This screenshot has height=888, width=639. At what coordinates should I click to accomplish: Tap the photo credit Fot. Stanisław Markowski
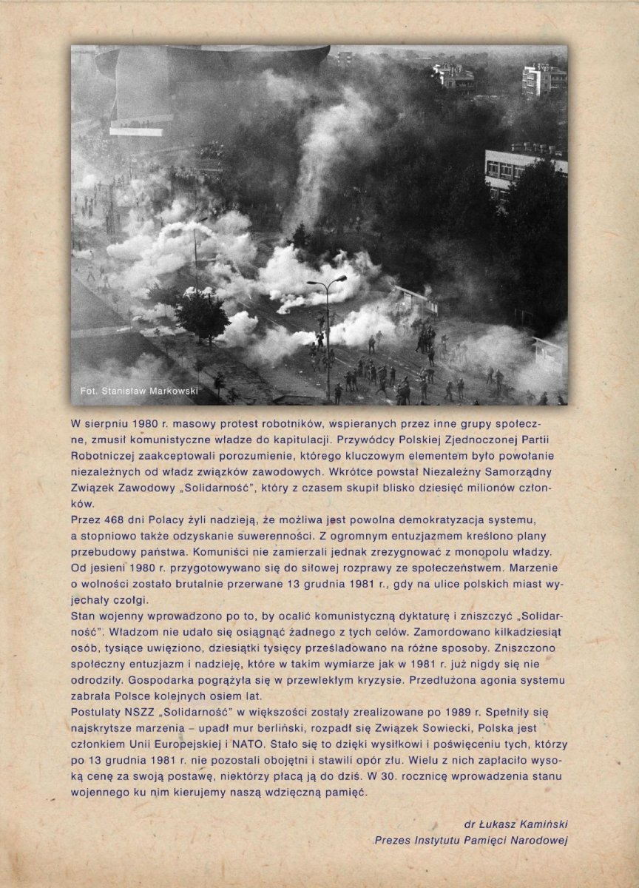(x=138, y=391)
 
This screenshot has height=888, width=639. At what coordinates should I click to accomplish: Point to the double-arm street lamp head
(x=327, y=281)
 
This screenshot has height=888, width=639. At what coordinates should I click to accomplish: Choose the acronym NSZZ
(x=135, y=712)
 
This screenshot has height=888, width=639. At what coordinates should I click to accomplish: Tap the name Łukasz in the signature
(x=502, y=824)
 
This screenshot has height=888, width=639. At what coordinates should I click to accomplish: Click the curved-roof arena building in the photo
(x=214, y=74)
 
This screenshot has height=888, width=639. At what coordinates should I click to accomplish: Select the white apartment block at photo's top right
(x=544, y=80)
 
